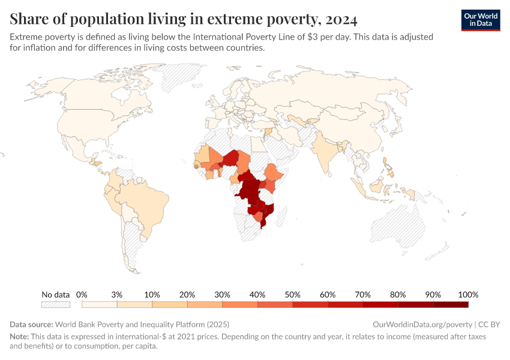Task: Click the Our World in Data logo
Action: pyautogui.click(x=480, y=20)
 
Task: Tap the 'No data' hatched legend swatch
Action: pyautogui.click(x=56, y=305)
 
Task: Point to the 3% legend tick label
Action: pyautogui.click(x=116, y=295)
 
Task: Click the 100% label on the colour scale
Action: pyautogui.click(x=467, y=295)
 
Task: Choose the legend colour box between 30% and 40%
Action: pyautogui.click(x=239, y=305)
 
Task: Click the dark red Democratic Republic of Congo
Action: pyautogui.click(x=248, y=191)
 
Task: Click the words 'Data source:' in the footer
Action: pyautogui.click(x=31, y=324)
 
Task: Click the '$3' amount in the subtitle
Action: pyautogui.click(x=313, y=37)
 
